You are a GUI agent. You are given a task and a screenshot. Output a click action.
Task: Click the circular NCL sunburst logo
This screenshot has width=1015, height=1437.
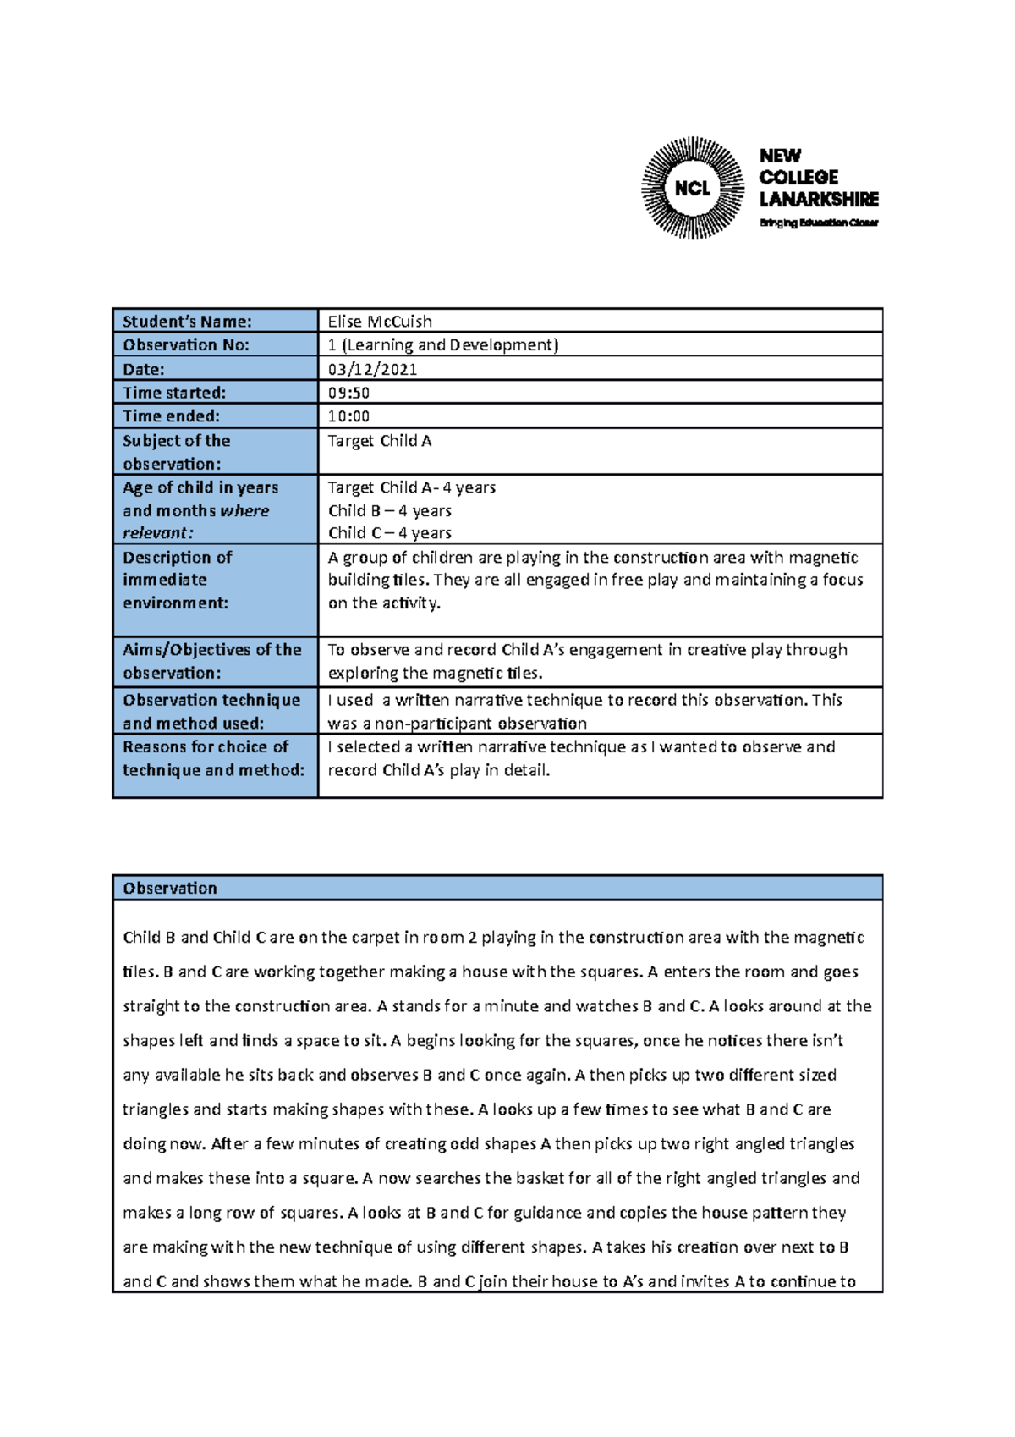pos(693,188)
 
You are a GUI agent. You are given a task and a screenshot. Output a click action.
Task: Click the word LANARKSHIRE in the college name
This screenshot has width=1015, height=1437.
pos(818,200)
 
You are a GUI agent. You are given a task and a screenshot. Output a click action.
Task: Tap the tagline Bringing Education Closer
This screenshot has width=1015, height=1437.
pos(818,223)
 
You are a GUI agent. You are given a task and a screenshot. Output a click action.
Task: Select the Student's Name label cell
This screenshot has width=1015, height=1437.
pos(187,322)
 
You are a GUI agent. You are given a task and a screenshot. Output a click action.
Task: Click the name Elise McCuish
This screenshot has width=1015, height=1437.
pos(380,322)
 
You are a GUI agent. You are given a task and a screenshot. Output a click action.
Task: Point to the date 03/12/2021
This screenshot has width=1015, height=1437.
pos(372,369)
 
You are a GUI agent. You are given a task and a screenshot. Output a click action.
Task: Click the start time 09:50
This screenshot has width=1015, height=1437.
pos(348,393)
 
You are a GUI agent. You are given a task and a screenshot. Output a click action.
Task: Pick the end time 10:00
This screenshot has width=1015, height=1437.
pos(348,416)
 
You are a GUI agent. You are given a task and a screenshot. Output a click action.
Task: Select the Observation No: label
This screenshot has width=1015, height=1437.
pos(186,345)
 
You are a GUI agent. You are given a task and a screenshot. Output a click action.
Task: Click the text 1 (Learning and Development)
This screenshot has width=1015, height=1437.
pos(442,345)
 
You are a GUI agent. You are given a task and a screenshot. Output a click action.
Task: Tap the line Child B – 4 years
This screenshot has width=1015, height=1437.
pos(389,511)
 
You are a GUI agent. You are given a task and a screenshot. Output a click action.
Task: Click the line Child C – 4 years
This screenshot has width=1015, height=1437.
pos(389,533)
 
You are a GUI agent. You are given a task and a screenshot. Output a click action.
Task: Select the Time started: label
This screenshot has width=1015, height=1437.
pos(174,393)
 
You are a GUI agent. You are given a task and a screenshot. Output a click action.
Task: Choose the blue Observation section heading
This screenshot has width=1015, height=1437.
pos(170,888)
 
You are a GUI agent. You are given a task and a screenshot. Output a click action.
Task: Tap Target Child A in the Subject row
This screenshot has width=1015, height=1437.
pos(379,441)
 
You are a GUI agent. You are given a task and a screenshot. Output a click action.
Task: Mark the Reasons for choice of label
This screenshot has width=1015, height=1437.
pos(206,747)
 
